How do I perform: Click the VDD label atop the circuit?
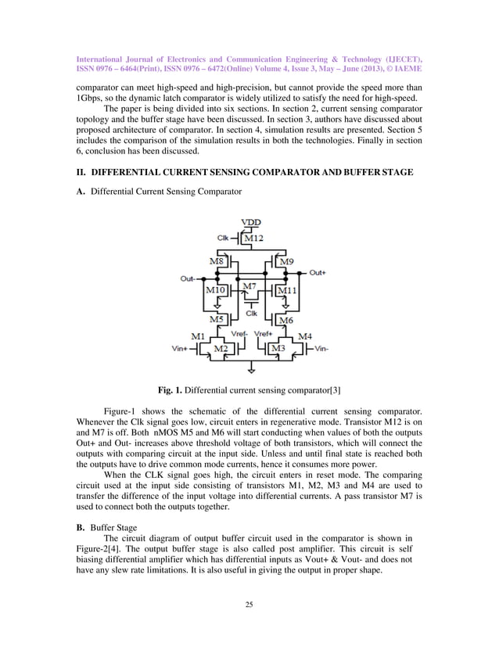[252, 222]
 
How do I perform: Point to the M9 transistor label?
[286, 260]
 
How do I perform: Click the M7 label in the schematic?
[249, 287]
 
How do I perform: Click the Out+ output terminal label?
[318, 273]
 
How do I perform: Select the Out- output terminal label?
[188, 278]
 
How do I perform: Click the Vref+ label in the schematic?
[264, 332]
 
